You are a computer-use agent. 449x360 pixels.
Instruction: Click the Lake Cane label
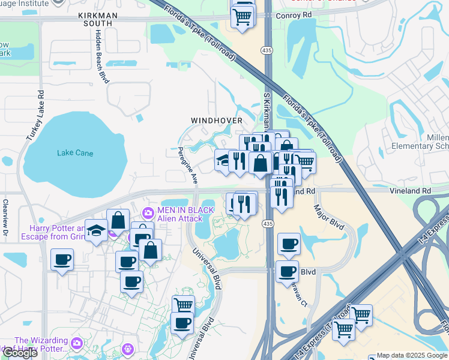click(x=75, y=153)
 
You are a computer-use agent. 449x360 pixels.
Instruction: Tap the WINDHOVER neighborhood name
click(x=217, y=121)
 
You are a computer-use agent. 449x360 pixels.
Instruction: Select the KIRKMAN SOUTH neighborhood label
click(x=98, y=18)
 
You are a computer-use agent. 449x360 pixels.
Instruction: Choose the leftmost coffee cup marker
click(x=62, y=260)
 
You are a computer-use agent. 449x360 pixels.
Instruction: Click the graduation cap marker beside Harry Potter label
click(x=96, y=231)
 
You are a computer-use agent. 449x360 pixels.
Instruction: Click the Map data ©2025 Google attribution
click(x=412, y=355)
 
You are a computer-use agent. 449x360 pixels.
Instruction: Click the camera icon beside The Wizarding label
click(x=76, y=343)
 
